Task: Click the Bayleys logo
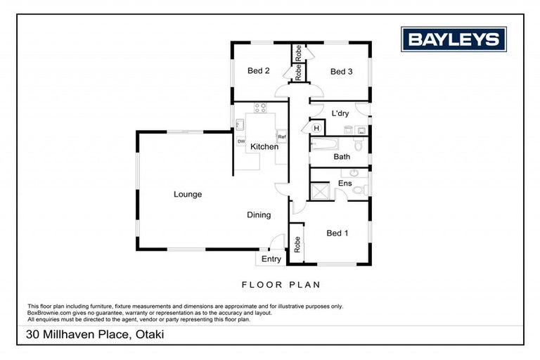click(x=453, y=39)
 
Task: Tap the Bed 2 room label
click(x=258, y=70)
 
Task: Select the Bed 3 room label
click(x=341, y=71)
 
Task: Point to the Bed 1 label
click(x=337, y=233)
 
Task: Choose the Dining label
click(x=259, y=215)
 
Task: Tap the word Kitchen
click(x=264, y=147)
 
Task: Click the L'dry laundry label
click(x=340, y=113)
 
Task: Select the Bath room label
click(x=342, y=157)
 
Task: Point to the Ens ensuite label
click(x=345, y=184)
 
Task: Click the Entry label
click(x=271, y=259)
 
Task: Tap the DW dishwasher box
click(x=241, y=141)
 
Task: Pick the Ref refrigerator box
click(x=281, y=136)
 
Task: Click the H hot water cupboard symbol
click(x=316, y=128)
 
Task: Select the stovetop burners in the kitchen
click(x=260, y=108)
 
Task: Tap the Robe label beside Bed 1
click(x=297, y=244)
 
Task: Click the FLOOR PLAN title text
click(x=281, y=285)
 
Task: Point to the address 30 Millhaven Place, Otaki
click(x=95, y=334)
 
